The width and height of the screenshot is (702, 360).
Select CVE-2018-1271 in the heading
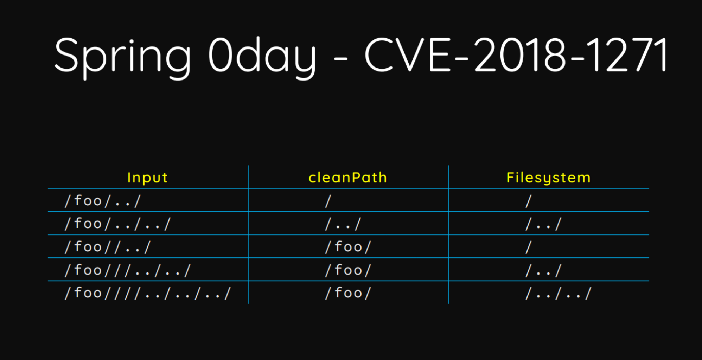(x=516, y=54)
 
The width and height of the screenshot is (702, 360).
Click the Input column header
(x=147, y=178)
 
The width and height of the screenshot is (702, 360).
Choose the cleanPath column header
(x=348, y=178)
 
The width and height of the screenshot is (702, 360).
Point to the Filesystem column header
(x=548, y=178)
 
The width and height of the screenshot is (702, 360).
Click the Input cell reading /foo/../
(x=103, y=201)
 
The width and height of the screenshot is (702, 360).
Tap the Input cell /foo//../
(x=108, y=247)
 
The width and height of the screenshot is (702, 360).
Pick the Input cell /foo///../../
(x=128, y=270)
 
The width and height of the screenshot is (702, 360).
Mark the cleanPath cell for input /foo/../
(x=328, y=201)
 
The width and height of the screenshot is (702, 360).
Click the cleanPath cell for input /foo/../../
(x=343, y=224)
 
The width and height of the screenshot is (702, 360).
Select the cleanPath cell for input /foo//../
(x=348, y=247)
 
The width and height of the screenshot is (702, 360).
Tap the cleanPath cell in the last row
(x=348, y=293)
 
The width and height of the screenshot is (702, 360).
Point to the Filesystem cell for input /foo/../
(x=528, y=201)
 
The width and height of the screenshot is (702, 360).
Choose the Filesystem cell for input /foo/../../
(x=543, y=224)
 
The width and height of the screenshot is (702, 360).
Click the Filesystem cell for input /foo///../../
(x=543, y=270)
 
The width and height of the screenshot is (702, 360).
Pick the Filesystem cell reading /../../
(x=559, y=293)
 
